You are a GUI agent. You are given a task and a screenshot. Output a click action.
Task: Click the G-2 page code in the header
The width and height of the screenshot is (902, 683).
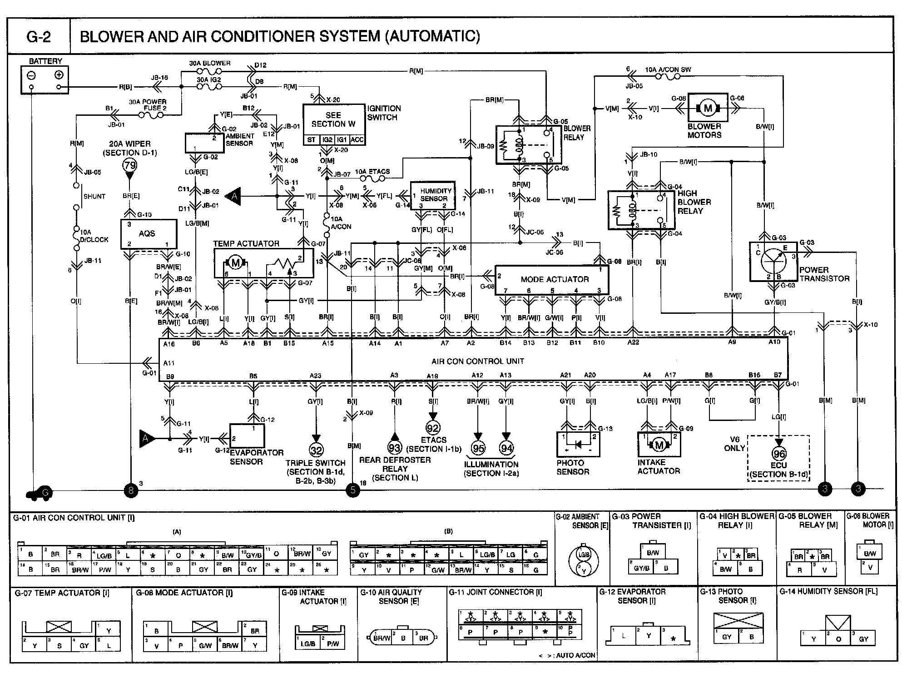pos(39,37)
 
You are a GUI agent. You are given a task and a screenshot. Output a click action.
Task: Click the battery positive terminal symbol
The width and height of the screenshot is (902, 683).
pos(59,75)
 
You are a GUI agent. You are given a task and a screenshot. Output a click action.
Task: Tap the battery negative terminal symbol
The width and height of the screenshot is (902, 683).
pos(31,75)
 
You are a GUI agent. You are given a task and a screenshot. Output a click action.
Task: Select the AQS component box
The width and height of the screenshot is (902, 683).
pos(148,234)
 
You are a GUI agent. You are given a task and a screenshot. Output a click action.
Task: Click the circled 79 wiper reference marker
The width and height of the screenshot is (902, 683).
pos(130,166)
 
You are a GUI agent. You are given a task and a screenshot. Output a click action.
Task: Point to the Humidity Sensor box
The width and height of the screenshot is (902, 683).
pos(433,195)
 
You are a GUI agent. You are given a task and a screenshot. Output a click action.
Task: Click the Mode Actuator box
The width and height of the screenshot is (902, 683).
pos(551,279)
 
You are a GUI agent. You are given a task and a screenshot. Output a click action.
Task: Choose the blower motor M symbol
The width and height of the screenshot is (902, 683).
pos(708,108)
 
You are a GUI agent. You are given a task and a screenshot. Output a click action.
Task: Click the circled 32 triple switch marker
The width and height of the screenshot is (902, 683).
pos(316,450)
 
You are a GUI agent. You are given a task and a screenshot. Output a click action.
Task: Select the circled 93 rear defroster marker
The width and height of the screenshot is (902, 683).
pos(395,448)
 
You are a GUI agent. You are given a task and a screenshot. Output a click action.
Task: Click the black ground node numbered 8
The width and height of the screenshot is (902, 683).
pos(131,490)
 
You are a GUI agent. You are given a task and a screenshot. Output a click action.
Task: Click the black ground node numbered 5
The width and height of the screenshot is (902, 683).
pos(352,490)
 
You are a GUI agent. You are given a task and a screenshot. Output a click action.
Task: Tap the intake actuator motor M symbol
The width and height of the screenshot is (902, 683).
pos(659,445)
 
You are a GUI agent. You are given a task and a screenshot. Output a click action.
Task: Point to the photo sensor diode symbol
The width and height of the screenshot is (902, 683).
pos(578,445)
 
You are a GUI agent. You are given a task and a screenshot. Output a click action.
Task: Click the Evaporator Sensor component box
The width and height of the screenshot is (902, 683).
pos(247,436)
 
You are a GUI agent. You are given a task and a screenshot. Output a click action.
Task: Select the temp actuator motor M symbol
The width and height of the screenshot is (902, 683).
pos(235,263)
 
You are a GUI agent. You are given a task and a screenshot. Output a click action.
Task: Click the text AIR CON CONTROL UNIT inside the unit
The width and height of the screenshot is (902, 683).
pos(477,361)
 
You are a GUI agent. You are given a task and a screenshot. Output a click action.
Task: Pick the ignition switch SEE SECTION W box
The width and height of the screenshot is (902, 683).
pos(334,120)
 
